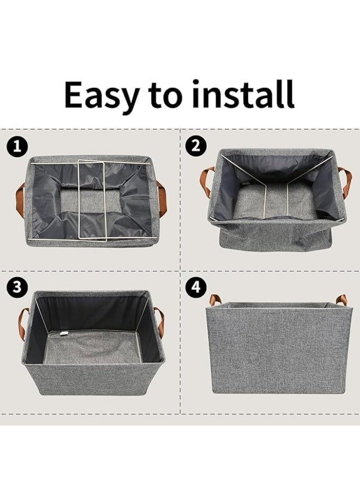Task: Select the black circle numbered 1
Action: [x=17, y=146]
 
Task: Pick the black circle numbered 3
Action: [x=17, y=288]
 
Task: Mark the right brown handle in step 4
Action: [x=341, y=300]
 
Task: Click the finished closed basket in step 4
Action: [x=278, y=349]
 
